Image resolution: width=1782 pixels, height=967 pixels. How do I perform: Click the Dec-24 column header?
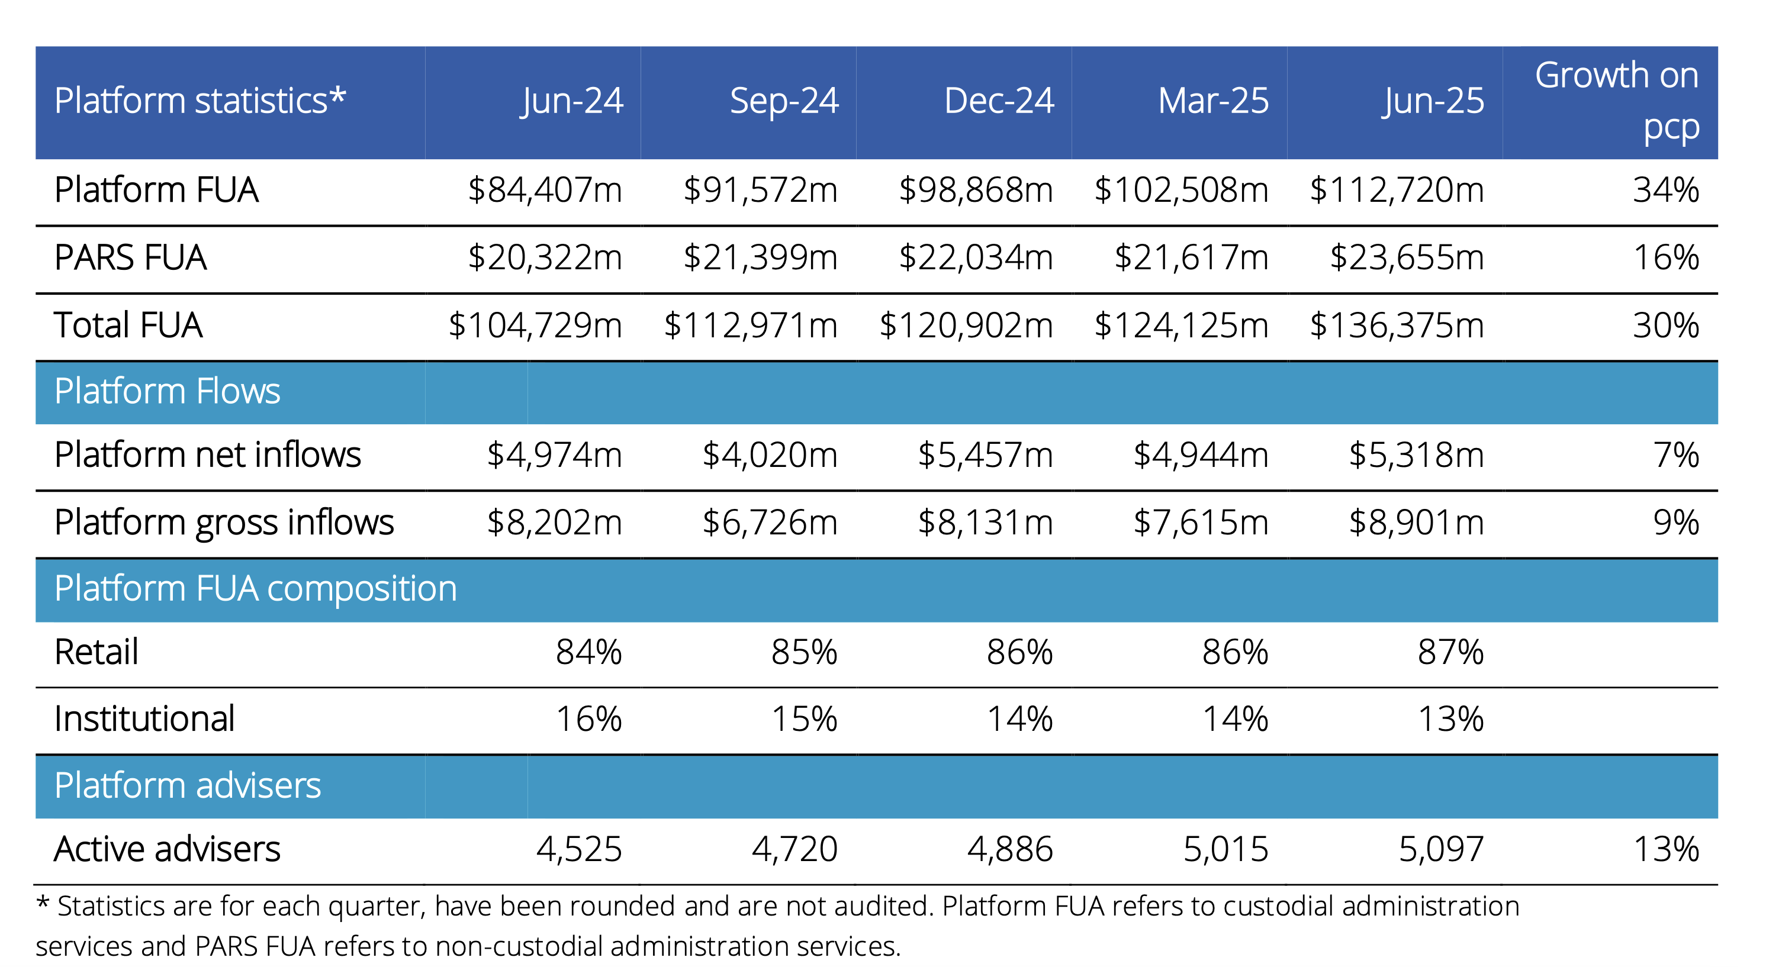[x=999, y=101]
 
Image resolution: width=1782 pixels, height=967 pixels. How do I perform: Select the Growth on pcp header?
[x=1617, y=101]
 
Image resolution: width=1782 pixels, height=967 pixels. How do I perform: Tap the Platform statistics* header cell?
[x=200, y=101]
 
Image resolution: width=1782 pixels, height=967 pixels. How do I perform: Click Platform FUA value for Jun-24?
[x=545, y=190]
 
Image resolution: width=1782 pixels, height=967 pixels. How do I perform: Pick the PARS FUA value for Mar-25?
[x=1191, y=257]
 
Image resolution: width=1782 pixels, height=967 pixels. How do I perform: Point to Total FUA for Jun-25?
[x=1397, y=325]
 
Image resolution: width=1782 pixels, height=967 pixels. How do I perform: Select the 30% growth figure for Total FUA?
[x=1666, y=325]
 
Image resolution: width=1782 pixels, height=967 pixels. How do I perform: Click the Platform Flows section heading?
[x=168, y=392]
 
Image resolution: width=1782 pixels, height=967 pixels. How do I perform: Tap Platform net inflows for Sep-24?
[x=770, y=455]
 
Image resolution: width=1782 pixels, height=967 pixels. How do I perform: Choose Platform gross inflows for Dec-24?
[x=985, y=522]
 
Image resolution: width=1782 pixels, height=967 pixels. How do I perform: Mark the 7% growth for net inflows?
[x=1676, y=455]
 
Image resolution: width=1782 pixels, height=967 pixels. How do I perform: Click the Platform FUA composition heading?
[x=256, y=589]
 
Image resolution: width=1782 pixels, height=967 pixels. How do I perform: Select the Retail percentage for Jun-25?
[x=1450, y=652]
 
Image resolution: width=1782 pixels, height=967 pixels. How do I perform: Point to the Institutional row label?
[x=144, y=718]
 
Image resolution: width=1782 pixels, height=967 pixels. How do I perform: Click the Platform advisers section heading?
[x=188, y=786]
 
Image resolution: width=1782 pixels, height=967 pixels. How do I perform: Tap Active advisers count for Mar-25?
[x=1226, y=849]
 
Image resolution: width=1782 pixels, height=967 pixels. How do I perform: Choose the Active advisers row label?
[x=168, y=849]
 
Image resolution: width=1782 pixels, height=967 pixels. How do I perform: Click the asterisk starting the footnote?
[x=43, y=902]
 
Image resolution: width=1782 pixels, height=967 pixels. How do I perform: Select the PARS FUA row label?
[x=131, y=257]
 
